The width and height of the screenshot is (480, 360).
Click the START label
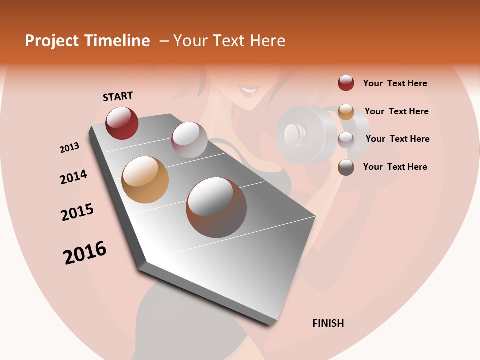118,96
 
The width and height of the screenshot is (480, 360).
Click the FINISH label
328,323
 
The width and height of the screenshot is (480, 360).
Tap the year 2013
69,148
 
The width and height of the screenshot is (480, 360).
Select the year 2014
73,177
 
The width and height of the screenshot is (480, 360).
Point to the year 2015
77,212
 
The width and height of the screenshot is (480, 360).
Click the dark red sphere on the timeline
122,123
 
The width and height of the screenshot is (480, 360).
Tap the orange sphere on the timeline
145,180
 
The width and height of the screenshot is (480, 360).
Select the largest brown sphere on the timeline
216,207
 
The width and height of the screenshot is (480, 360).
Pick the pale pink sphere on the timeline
189,140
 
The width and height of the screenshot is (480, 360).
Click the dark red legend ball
346,83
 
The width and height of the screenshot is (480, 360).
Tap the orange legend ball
346,111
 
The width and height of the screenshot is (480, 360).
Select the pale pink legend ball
346,139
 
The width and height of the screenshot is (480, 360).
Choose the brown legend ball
346,167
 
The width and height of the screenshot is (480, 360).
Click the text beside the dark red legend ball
395,83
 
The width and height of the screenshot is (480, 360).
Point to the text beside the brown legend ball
395,167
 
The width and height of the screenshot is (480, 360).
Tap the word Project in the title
52,41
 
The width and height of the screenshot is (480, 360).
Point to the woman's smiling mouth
248,92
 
